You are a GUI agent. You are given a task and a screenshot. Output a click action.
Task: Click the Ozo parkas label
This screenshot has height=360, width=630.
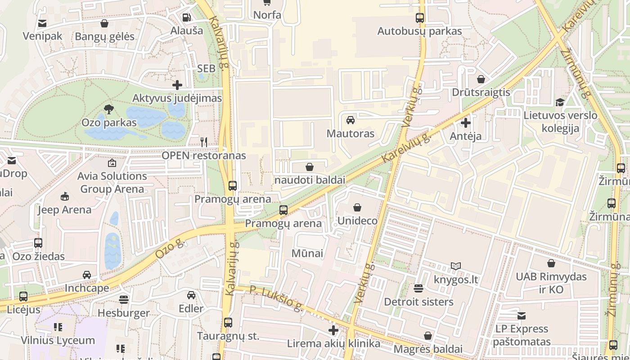pos(109,122)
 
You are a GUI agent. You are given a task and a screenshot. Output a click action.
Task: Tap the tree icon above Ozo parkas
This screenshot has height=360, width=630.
pos(108,108)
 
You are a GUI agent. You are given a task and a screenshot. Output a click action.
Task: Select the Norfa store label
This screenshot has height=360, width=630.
pos(267,15)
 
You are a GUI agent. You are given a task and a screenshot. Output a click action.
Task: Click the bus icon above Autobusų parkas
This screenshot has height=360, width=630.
pos(419,18)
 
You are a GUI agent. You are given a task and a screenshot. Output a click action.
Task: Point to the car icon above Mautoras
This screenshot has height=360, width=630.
pos(350,120)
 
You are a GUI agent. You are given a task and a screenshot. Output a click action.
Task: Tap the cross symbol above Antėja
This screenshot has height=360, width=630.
pos(466,122)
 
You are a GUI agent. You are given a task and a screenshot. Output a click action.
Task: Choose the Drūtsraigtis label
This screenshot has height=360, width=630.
pos(481,92)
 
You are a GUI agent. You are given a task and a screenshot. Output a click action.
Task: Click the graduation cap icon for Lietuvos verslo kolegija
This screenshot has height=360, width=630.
pos(560,103)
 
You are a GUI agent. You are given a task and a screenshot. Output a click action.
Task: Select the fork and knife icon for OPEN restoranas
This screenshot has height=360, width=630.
pos(204,142)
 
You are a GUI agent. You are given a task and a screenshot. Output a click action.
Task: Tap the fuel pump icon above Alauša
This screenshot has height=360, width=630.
pos(186,18)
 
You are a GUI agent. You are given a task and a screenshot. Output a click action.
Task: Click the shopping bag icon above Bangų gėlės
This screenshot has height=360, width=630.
pos(104,23)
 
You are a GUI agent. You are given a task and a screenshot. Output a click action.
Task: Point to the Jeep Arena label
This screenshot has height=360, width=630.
pos(64,210)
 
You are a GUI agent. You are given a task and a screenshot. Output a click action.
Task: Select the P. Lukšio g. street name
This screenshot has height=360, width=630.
pos(276,298)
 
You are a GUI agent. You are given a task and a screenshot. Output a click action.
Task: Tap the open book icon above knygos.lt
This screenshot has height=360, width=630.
pos(455,266)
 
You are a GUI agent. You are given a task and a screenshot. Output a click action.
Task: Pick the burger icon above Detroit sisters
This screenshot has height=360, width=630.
pos(418,288)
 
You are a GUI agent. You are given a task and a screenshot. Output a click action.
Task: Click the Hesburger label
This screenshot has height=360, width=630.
pos(124,313)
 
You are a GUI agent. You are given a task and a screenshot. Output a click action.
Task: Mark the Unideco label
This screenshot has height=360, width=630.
pos(357,221)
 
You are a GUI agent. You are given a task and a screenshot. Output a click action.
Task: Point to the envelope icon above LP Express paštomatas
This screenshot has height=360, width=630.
pos(522,316)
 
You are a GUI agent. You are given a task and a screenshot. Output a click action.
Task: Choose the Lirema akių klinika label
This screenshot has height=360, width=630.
pos(333,344)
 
